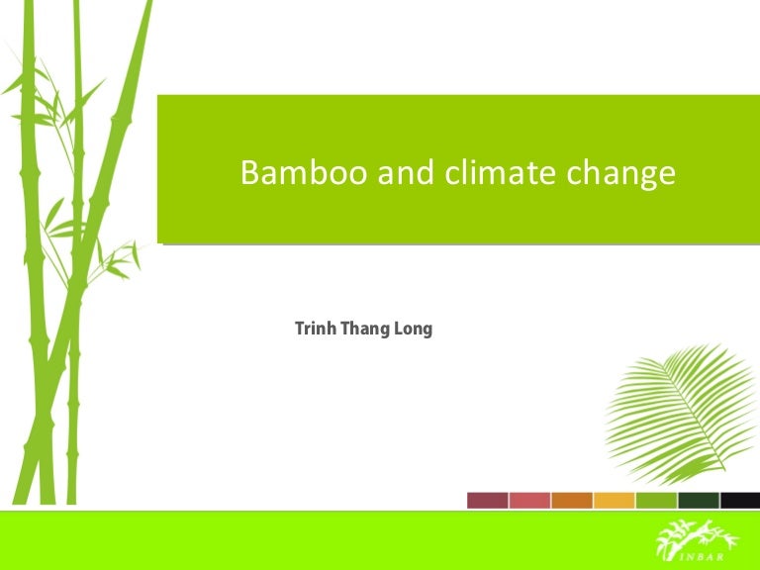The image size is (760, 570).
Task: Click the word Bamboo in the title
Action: click(x=288, y=173)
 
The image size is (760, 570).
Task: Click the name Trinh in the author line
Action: click(x=315, y=329)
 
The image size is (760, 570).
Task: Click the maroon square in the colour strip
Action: click(x=487, y=500)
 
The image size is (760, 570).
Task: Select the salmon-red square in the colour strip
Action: click(x=529, y=500)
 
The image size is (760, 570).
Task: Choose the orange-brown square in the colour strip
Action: click(x=572, y=500)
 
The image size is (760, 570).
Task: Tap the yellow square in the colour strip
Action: click(x=614, y=500)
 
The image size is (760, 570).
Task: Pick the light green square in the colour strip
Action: click(x=656, y=500)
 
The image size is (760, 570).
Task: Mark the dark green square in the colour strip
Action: click(x=698, y=500)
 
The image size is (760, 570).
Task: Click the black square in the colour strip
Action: click(x=739, y=500)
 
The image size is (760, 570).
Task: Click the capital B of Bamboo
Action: click(x=249, y=173)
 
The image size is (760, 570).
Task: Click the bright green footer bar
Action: click(x=297, y=540)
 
